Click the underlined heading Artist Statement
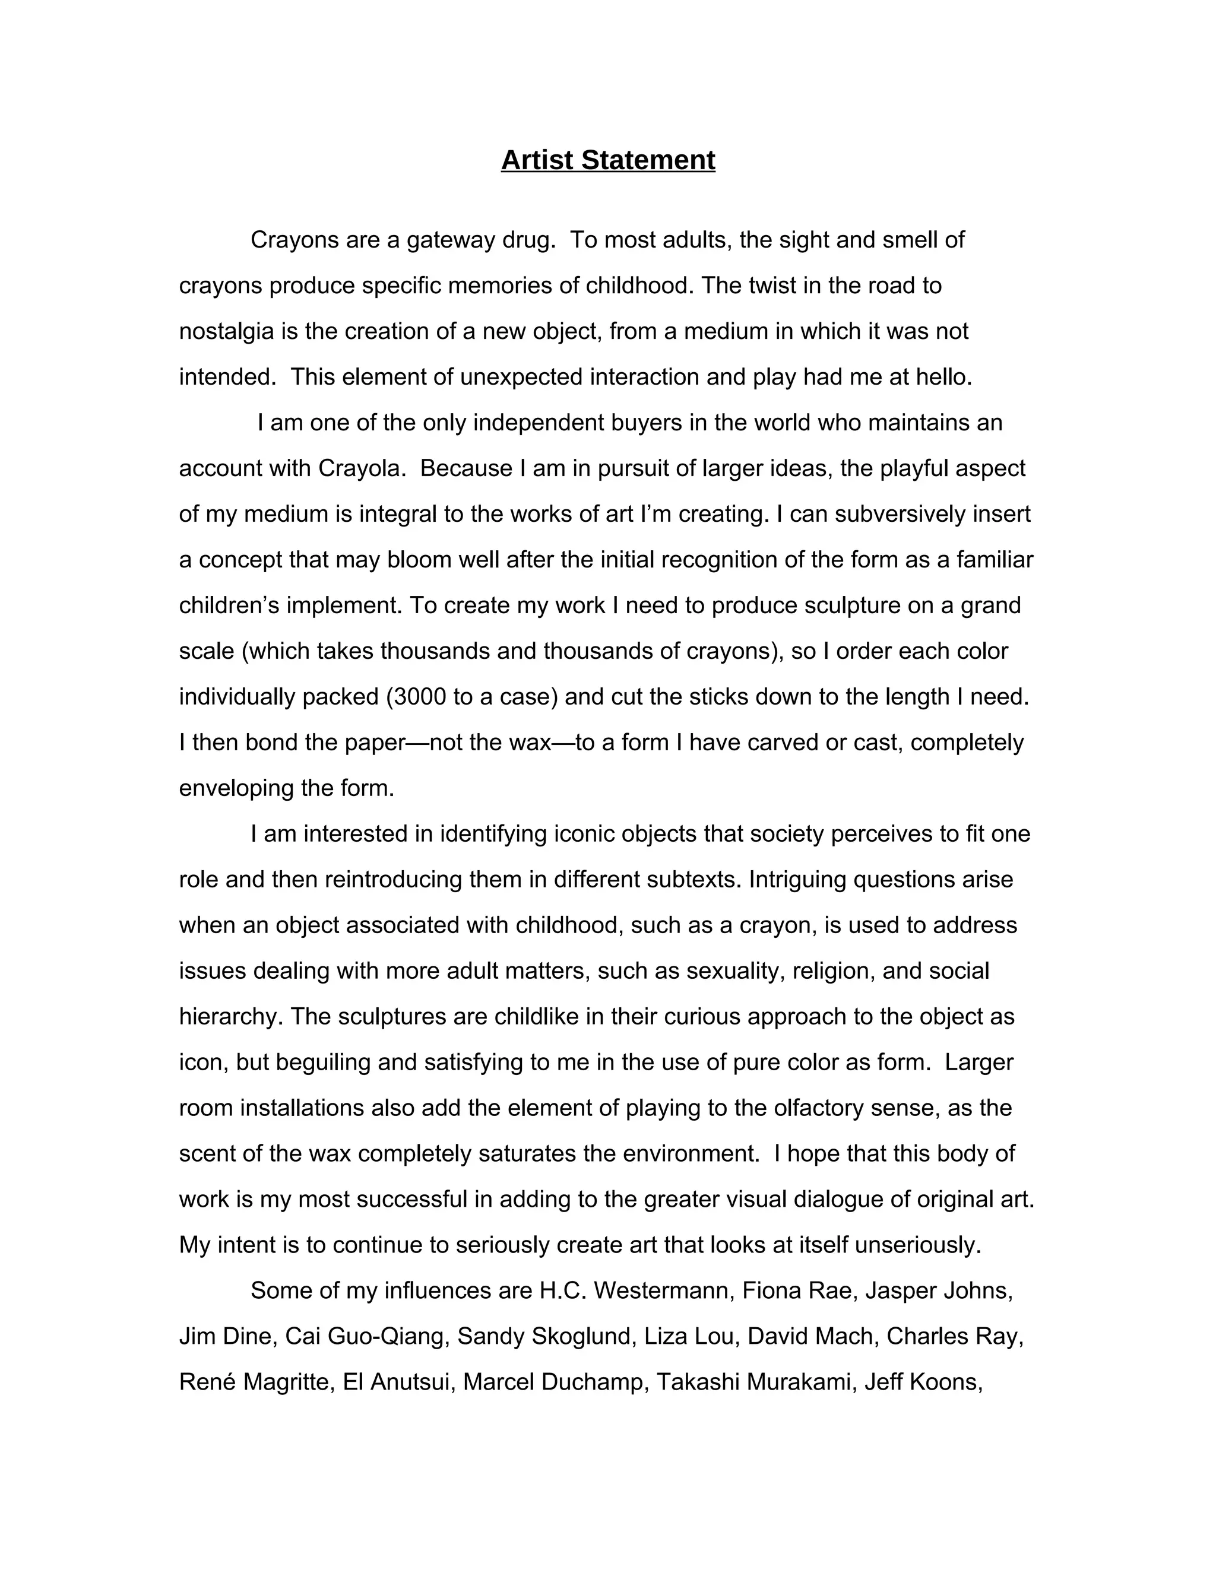pyautogui.click(x=608, y=160)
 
